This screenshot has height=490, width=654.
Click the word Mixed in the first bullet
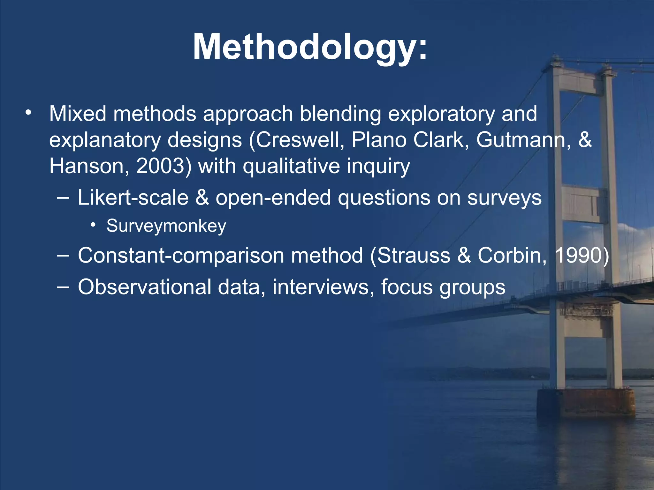coord(78,114)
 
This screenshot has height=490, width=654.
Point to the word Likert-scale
coord(133,197)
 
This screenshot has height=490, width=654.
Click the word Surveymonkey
coord(166,226)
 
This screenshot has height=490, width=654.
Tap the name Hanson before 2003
coord(86,166)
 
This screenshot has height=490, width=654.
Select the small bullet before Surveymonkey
coord(93,225)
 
